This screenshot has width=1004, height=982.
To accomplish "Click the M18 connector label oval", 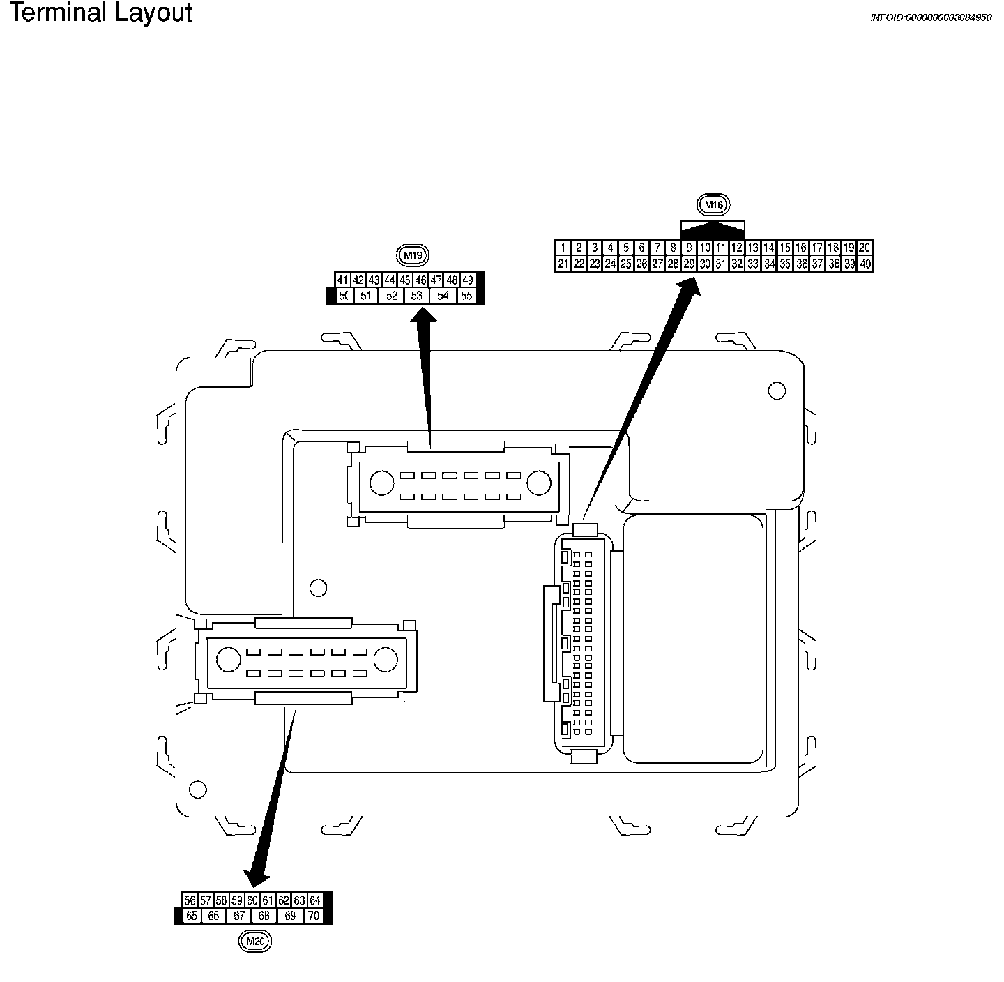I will pos(713,204).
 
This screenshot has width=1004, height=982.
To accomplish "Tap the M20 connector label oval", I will pos(254,942).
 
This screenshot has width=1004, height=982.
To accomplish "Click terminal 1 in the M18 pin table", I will pos(563,248).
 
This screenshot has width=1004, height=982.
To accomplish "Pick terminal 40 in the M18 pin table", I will pos(865,264).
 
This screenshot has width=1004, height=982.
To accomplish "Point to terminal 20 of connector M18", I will pos(865,248).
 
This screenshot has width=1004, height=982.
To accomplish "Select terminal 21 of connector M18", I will pos(563,264).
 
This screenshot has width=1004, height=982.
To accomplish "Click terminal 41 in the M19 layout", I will pos(342,280).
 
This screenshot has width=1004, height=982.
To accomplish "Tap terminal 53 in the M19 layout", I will pos(416,296).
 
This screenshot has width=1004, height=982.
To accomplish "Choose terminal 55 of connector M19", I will pos(466,296).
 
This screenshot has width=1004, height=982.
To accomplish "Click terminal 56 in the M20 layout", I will pos(190,900).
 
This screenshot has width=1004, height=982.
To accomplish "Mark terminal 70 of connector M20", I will pos(314,916).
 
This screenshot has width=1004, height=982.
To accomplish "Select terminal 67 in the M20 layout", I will pos(239,916).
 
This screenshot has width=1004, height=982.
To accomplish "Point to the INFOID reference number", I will pos(930,17).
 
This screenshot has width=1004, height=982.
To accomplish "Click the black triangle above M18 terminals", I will pos(713,227).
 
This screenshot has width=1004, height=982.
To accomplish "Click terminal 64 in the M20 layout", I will pos(315,900).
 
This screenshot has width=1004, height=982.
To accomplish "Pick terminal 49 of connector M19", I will pos(468,280).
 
